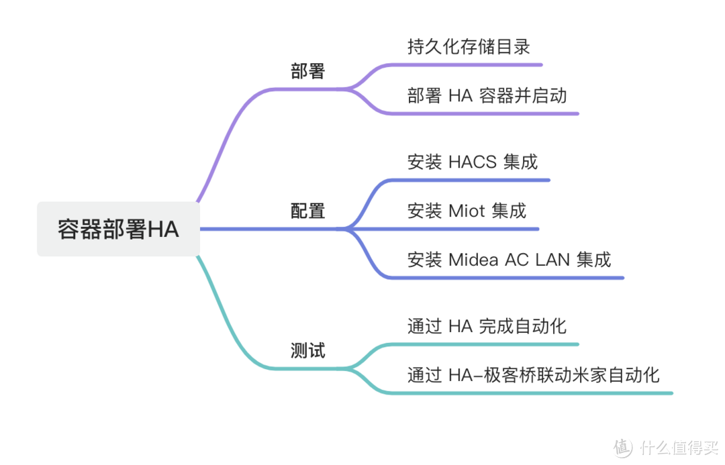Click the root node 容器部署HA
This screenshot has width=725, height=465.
118,229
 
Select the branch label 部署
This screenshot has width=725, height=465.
307,71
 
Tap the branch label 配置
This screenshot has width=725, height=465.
307,211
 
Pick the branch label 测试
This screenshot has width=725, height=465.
307,350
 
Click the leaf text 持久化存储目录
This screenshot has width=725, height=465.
469,47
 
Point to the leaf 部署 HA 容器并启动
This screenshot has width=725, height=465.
487,95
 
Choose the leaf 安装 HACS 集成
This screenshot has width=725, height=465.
472,162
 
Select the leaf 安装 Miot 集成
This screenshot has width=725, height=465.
467,211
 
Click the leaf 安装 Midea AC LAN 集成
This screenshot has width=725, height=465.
509,260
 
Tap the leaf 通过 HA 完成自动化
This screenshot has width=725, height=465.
487,326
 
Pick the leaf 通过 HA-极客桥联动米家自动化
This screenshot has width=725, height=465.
533,374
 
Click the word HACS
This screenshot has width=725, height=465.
473,162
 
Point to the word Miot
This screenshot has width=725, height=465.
467,211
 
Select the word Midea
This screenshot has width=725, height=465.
473,260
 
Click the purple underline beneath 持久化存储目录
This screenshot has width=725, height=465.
470,65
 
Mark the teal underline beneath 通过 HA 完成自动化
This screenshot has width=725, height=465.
483,345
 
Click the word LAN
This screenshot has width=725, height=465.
552,260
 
